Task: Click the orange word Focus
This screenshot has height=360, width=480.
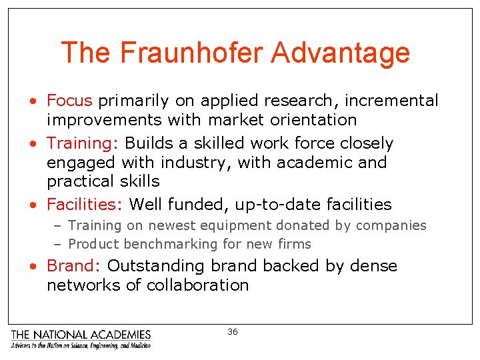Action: pyautogui.click(x=69, y=101)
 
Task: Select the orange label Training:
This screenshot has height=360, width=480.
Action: pyautogui.click(x=83, y=143)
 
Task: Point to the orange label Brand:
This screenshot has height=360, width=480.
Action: pyautogui.click(x=73, y=266)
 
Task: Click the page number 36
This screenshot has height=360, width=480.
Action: pyautogui.click(x=232, y=332)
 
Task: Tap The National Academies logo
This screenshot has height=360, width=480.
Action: pyautogui.click(x=81, y=339)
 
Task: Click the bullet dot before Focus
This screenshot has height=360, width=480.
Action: pyautogui.click(x=33, y=101)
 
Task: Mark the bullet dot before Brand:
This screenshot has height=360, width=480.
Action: pyautogui.click(x=33, y=267)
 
